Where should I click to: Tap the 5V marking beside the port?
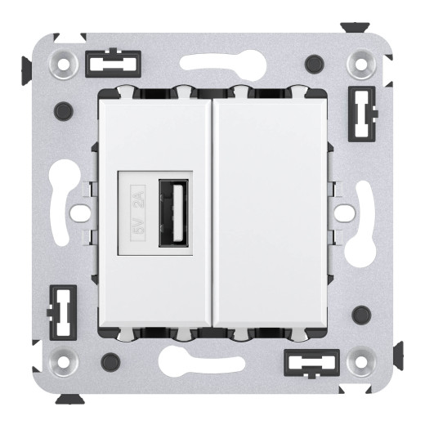pyautogui.click(x=139, y=232)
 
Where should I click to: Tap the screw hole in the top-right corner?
pyautogui.click(x=360, y=61)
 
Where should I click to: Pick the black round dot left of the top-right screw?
pyautogui.click(x=312, y=62)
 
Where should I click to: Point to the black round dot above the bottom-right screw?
pyautogui.click(x=360, y=311)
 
